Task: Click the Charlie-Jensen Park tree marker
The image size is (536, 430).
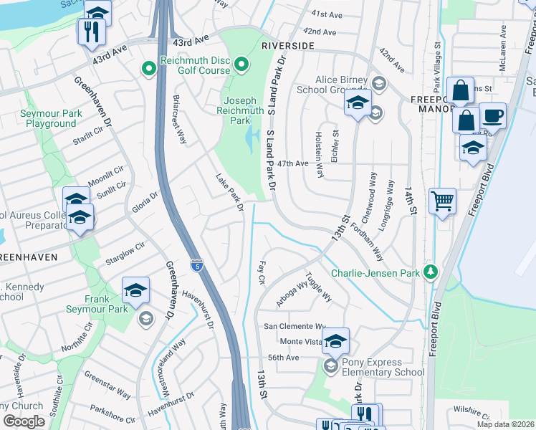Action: pos(430,272)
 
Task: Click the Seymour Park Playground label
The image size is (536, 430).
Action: pos(47,119)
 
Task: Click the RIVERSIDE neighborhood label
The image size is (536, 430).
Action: pos(287,45)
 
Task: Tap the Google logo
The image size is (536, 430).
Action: pos(24,421)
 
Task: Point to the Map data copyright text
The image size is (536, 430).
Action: pos(505,424)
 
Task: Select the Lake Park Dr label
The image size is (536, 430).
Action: pos(230,192)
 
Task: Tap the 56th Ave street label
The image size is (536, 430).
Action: pos(282,358)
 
